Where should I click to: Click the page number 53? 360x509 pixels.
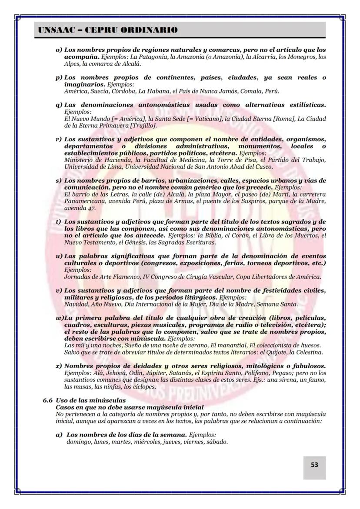coord(314,465)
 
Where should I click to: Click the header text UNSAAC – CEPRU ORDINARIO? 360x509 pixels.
coord(108,30)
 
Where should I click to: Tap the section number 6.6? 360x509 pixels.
coord(48,400)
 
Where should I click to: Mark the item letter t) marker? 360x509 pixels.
coord(58,221)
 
